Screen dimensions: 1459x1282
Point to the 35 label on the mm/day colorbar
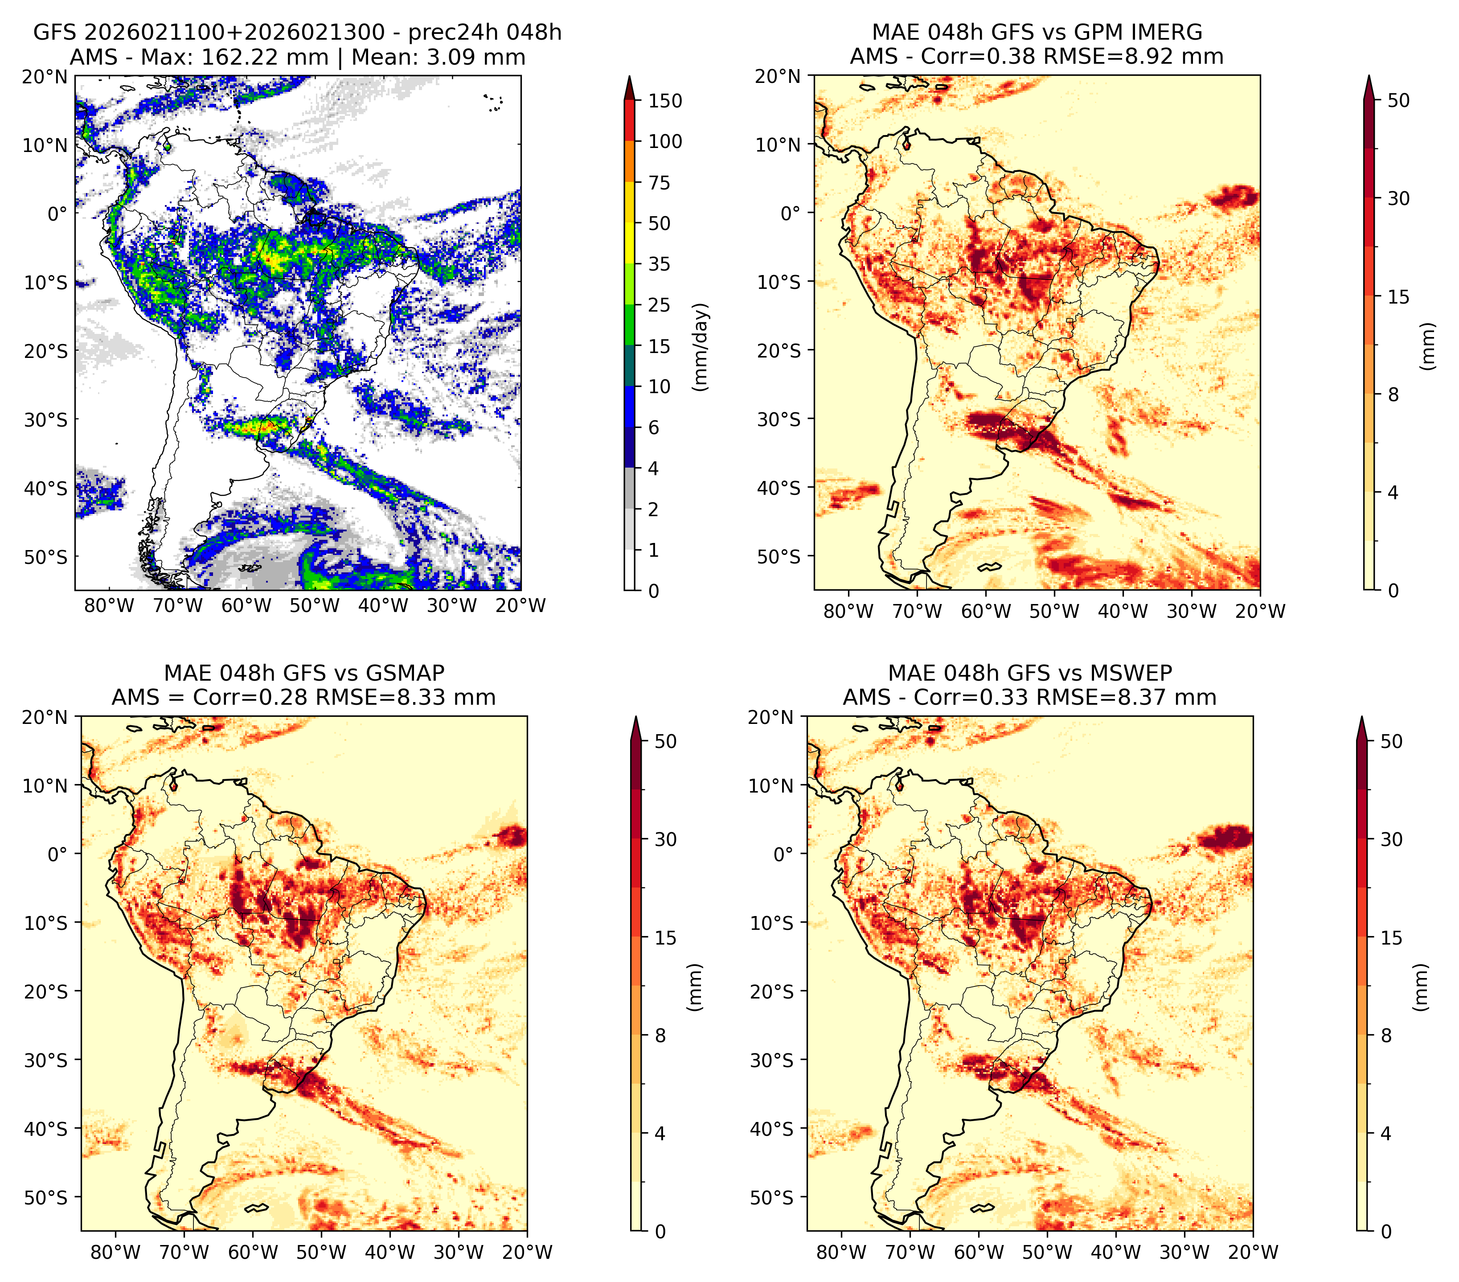pyautogui.click(x=659, y=264)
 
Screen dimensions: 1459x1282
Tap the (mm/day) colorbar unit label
pyautogui.click(x=702, y=347)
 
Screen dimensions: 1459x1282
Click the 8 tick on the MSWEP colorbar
pyautogui.click(x=1386, y=1035)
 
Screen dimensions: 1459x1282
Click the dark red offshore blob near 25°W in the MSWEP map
pyautogui.click(x=1225, y=837)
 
